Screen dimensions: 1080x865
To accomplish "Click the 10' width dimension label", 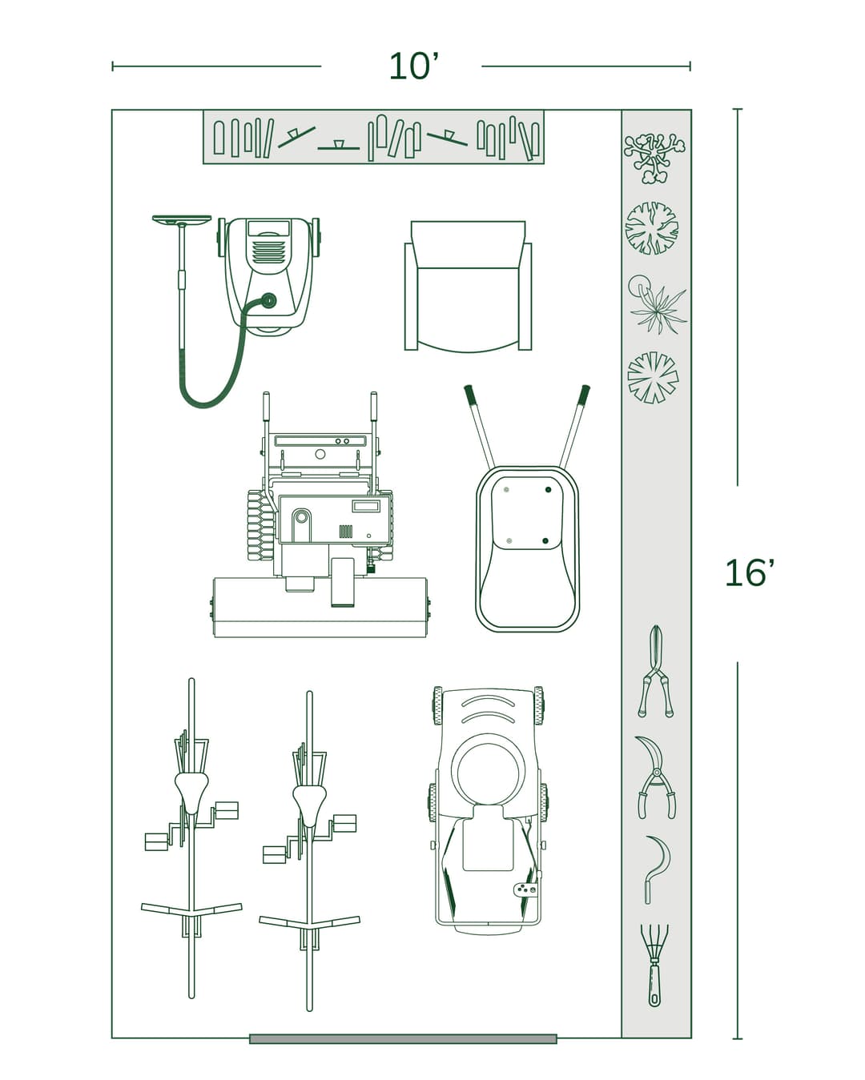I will click(414, 66).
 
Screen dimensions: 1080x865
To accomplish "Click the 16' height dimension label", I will click(749, 573).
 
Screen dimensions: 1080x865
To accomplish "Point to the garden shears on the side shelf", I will click(656, 672).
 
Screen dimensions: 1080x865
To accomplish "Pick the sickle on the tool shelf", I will click(654, 869).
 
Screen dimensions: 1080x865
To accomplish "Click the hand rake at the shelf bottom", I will click(655, 965).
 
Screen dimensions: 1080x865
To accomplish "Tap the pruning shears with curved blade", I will click(654, 777).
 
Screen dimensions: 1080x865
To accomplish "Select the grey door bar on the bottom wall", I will click(403, 1038).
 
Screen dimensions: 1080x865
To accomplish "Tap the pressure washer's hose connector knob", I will click(268, 301).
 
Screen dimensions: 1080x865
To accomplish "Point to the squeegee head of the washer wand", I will click(182, 219).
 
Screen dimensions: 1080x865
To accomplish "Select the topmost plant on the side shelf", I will click(654, 155).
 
